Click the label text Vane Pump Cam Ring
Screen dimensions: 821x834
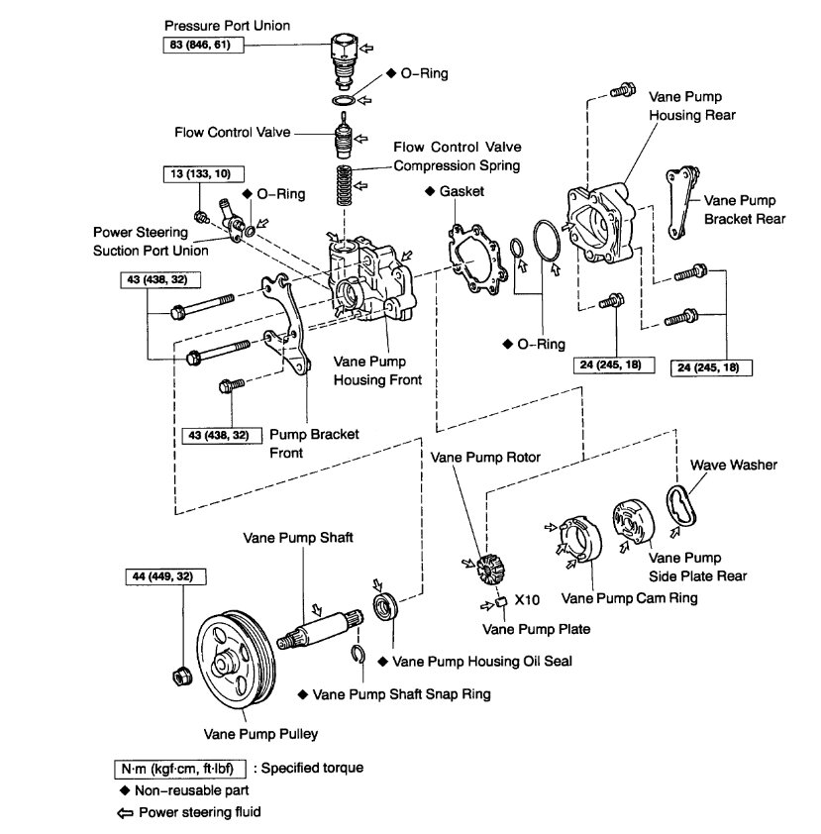pos(629,598)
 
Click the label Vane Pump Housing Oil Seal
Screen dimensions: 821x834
pos(482,661)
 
